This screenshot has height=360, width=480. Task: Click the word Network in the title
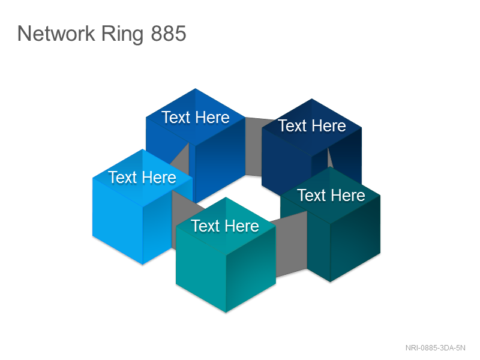[56, 34]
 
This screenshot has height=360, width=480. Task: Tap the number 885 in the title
[169, 34]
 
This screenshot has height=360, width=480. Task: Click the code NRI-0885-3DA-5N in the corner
[436, 348]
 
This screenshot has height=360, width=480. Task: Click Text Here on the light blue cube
[142, 178]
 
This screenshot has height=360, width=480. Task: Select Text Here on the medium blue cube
[196, 118]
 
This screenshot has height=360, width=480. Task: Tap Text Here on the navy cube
[311, 126]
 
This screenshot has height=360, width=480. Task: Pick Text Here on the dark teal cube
[331, 196]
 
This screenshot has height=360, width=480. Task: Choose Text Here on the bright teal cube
[225, 226]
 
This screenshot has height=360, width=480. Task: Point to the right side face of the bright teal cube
[251, 269]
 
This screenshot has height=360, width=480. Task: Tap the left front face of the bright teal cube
[201, 269]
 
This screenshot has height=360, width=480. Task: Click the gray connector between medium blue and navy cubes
[253, 147]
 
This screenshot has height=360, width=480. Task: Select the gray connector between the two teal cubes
[292, 244]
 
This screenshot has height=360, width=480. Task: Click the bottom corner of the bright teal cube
[226, 313]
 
